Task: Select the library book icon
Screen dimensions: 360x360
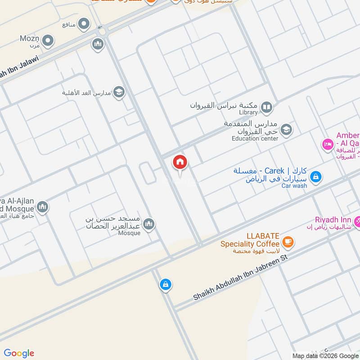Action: (x=267, y=107)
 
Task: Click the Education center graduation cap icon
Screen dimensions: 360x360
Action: (x=286, y=130)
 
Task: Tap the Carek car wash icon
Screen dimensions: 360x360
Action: (x=316, y=176)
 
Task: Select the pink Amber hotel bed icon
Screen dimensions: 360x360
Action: (x=327, y=144)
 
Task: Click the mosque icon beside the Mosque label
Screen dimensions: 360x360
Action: (x=148, y=224)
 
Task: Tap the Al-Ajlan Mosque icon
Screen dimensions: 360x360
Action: (x=42, y=207)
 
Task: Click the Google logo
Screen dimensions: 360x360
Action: (x=18, y=353)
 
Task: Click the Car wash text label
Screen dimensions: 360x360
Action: (x=294, y=185)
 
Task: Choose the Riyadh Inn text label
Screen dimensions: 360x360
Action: (x=333, y=220)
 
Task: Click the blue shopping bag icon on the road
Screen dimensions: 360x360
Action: (x=165, y=284)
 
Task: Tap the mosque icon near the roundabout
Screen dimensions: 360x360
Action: (x=98, y=44)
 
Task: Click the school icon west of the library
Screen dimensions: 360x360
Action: (x=119, y=93)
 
